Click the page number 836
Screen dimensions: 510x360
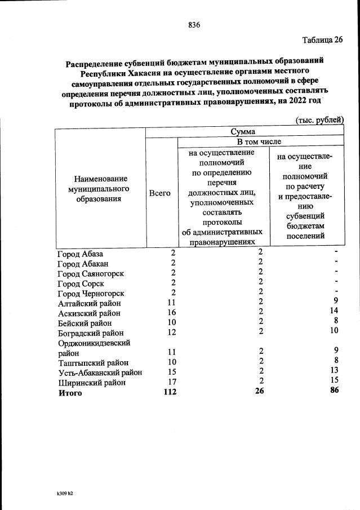[x=194, y=25]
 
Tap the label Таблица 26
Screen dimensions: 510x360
[x=322, y=40]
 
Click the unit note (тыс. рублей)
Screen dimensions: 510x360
[x=319, y=119]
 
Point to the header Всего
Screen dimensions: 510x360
[x=159, y=193]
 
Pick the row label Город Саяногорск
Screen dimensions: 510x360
[x=91, y=274]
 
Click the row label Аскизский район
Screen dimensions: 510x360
[x=88, y=313]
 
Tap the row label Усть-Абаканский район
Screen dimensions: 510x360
[x=100, y=372]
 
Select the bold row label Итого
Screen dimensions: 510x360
[x=70, y=393]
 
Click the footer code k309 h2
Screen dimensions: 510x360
[x=61, y=493]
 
